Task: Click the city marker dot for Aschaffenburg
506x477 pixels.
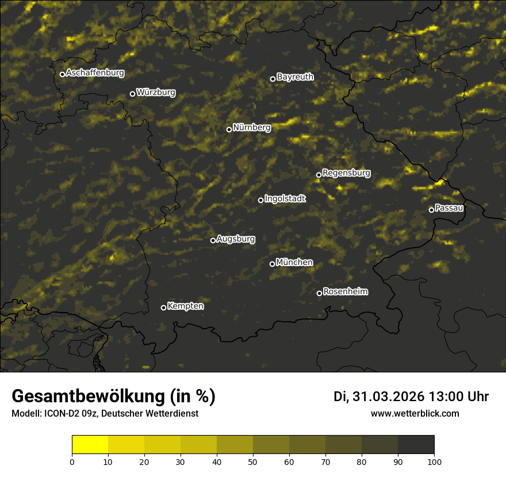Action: [62, 74]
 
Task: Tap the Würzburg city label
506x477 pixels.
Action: [156, 93]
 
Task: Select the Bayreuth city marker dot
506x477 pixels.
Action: [273, 79]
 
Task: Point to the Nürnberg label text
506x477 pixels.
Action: [252, 128]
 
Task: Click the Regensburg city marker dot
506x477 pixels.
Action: [319, 175]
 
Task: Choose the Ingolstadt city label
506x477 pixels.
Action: [285, 199]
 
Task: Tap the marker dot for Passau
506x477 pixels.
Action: [431, 210]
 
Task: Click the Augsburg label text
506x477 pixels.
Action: [236, 239]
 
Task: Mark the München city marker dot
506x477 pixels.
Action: [273, 264]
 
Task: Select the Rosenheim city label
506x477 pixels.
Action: [346, 292]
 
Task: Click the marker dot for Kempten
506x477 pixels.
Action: [163, 307]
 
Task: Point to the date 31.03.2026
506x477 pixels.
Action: [388, 397]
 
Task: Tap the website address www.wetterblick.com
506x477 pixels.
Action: [415, 413]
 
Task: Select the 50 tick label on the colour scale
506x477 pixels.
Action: [253, 461]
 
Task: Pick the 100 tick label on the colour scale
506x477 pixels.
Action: [434, 461]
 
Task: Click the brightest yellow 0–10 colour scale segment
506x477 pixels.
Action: [90, 445]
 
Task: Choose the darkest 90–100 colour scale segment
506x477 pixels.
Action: [416, 445]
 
